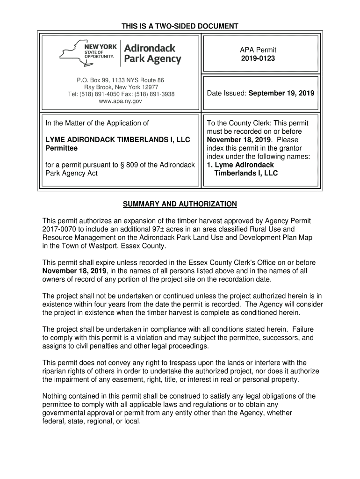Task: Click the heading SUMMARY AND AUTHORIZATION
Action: [x=180, y=204]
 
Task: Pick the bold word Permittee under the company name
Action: [x=61, y=148]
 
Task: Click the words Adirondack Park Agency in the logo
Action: [x=152, y=53]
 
